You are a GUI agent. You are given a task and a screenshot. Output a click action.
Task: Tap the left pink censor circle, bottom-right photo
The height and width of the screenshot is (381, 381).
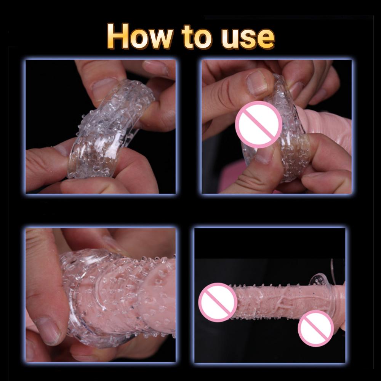217,302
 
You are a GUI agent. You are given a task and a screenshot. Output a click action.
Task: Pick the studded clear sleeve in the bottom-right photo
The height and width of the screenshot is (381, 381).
282,301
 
